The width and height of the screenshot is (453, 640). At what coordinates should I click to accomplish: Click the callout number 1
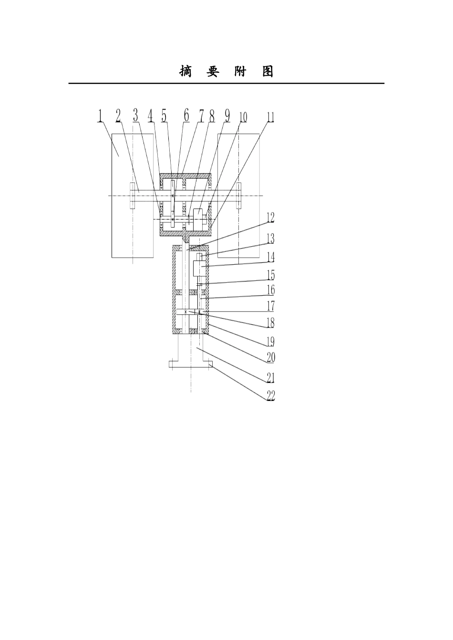click(x=100, y=116)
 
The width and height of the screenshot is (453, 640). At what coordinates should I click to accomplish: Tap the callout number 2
click(x=118, y=116)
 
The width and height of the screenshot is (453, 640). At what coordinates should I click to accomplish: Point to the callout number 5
click(x=164, y=116)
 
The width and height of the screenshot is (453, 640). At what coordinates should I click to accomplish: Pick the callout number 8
click(x=212, y=116)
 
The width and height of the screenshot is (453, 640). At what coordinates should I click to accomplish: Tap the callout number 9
click(x=227, y=116)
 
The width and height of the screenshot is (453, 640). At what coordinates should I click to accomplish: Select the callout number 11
click(x=271, y=117)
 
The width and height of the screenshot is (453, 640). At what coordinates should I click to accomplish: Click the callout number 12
click(x=270, y=218)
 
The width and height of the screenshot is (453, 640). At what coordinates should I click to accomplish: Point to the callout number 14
click(x=271, y=257)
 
